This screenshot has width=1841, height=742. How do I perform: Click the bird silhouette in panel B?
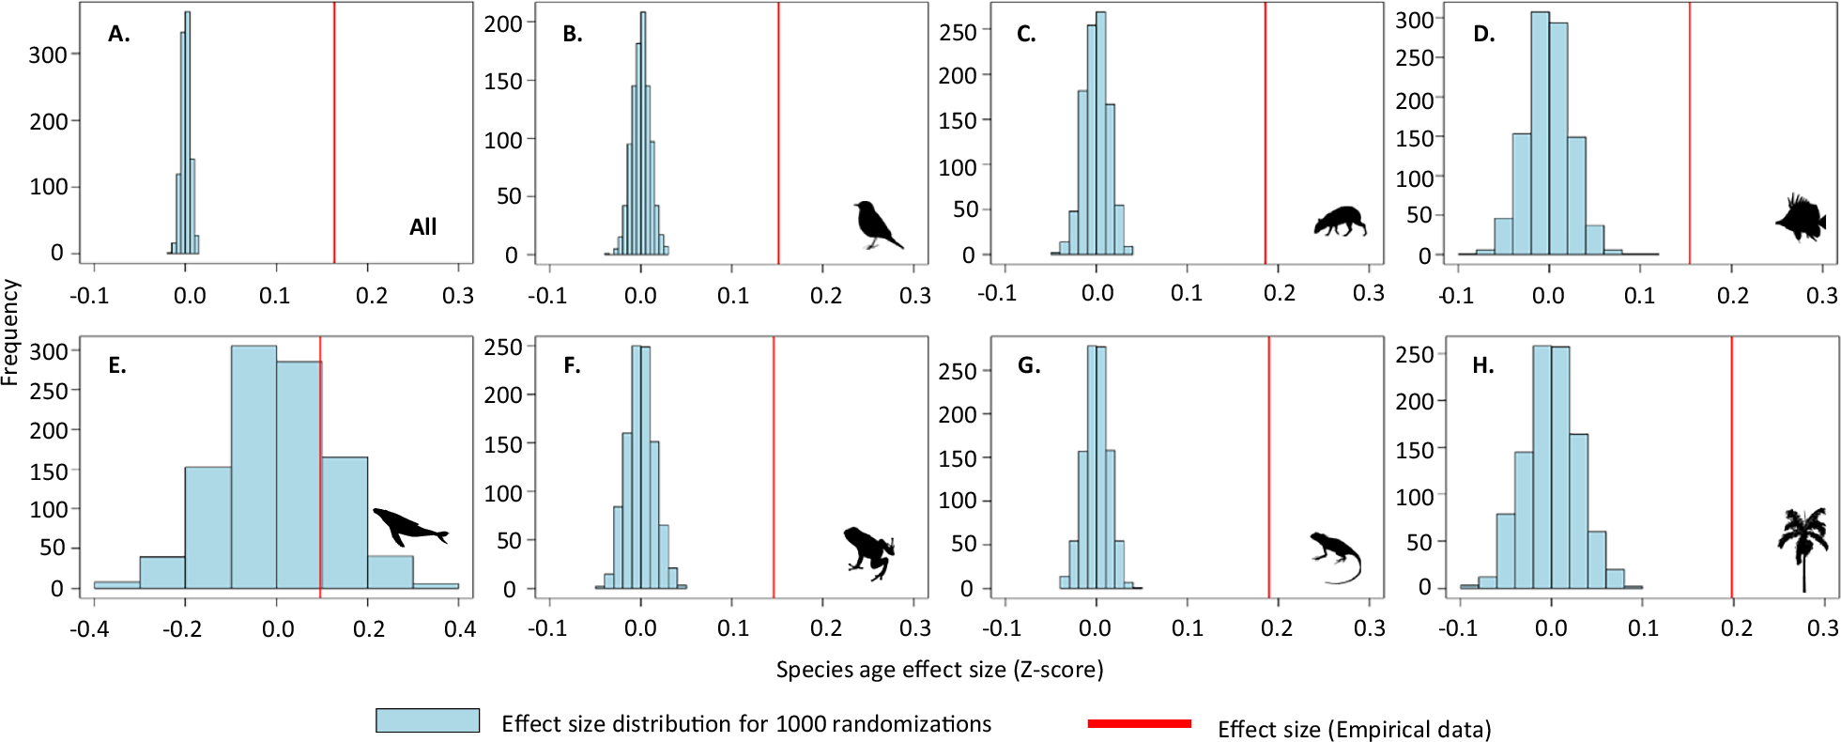[x=875, y=224]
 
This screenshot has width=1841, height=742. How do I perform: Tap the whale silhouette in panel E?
[x=407, y=526]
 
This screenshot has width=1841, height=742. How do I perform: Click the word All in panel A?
[x=422, y=226]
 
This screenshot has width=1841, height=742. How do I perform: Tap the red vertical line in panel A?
[x=334, y=131]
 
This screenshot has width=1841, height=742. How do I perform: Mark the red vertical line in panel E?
[x=320, y=465]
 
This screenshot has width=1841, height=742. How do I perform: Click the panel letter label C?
[x=1026, y=35]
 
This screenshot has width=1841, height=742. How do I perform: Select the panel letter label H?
[x=1482, y=365]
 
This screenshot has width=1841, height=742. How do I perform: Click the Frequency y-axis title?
[x=10, y=332]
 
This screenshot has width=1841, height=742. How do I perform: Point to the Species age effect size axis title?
[x=939, y=670]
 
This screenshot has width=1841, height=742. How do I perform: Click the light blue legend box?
[x=427, y=720]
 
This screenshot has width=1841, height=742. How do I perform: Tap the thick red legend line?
[x=1139, y=723]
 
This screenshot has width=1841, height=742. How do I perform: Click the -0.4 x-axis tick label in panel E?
[x=88, y=628]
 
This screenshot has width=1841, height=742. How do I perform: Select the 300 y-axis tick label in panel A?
[x=48, y=54]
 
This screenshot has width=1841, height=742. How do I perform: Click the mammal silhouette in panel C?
[x=1340, y=222]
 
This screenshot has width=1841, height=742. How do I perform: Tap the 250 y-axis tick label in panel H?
[x=1415, y=355]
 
